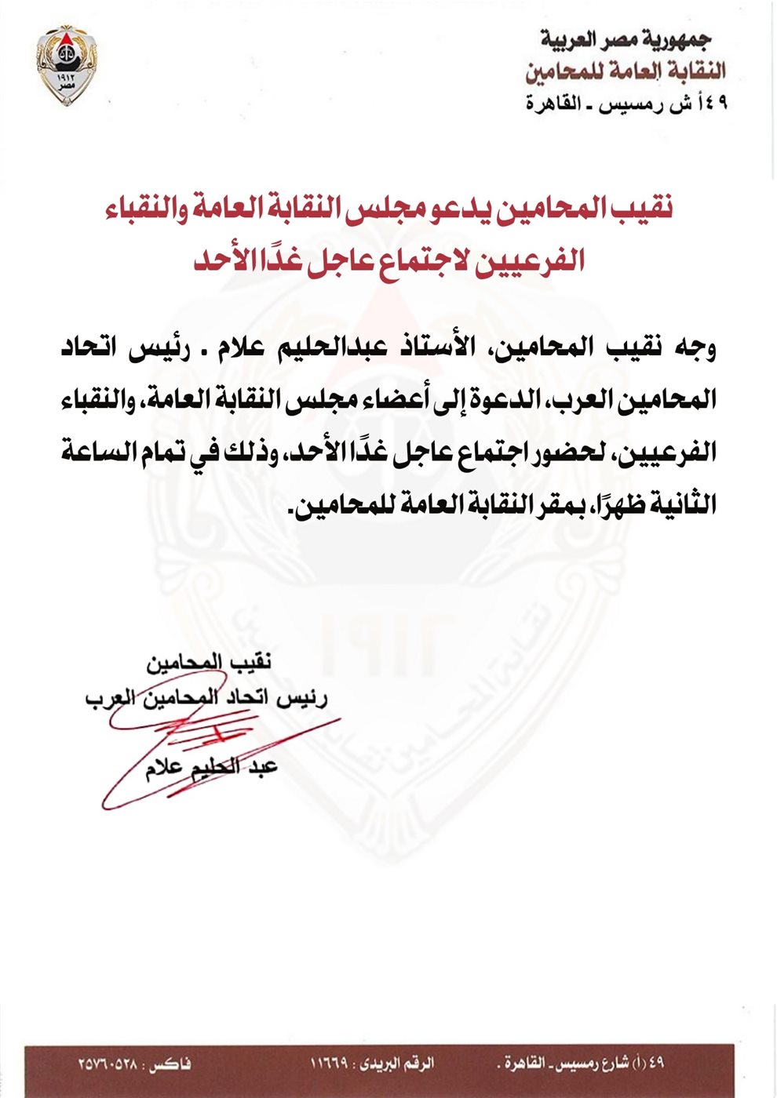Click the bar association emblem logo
(x=66, y=64)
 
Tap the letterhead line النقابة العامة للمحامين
(x=626, y=71)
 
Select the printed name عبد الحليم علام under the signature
(x=212, y=768)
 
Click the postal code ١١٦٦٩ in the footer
(x=330, y=1064)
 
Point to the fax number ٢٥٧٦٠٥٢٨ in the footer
(x=108, y=1064)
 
